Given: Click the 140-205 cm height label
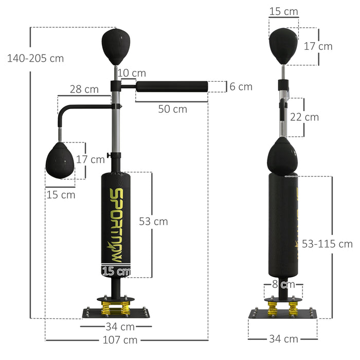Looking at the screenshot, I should tap(35, 58).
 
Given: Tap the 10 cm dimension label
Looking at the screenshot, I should tap(131, 74).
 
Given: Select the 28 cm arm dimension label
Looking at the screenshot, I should tap(84, 89).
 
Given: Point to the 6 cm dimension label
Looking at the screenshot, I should tap(241, 86).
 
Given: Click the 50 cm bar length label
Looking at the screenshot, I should tap(172, 109).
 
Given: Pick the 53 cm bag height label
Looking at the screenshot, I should tap(153, 221).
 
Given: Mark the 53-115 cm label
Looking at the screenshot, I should tap(327, 243).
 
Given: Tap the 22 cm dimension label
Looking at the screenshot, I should tap(304, 117).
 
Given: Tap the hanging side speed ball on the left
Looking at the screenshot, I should tap(61, 161).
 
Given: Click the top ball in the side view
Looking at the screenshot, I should tap(283, 46).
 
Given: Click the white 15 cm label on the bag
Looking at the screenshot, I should tap(116, 271).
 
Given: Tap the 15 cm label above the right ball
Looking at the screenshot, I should tap(283, 10).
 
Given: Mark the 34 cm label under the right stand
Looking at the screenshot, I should tap(283, 338).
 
